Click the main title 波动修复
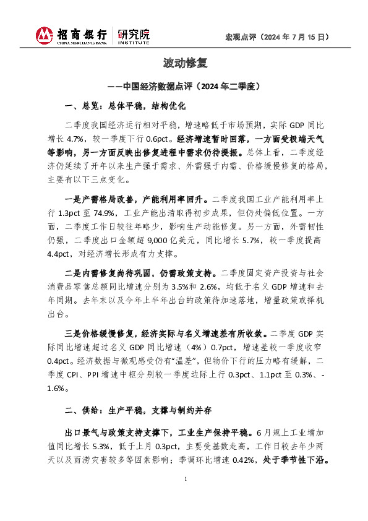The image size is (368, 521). (x=184, y=63)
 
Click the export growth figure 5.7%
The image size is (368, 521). (x=267, y=241)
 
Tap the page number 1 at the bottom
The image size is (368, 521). (x=184, y=497)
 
